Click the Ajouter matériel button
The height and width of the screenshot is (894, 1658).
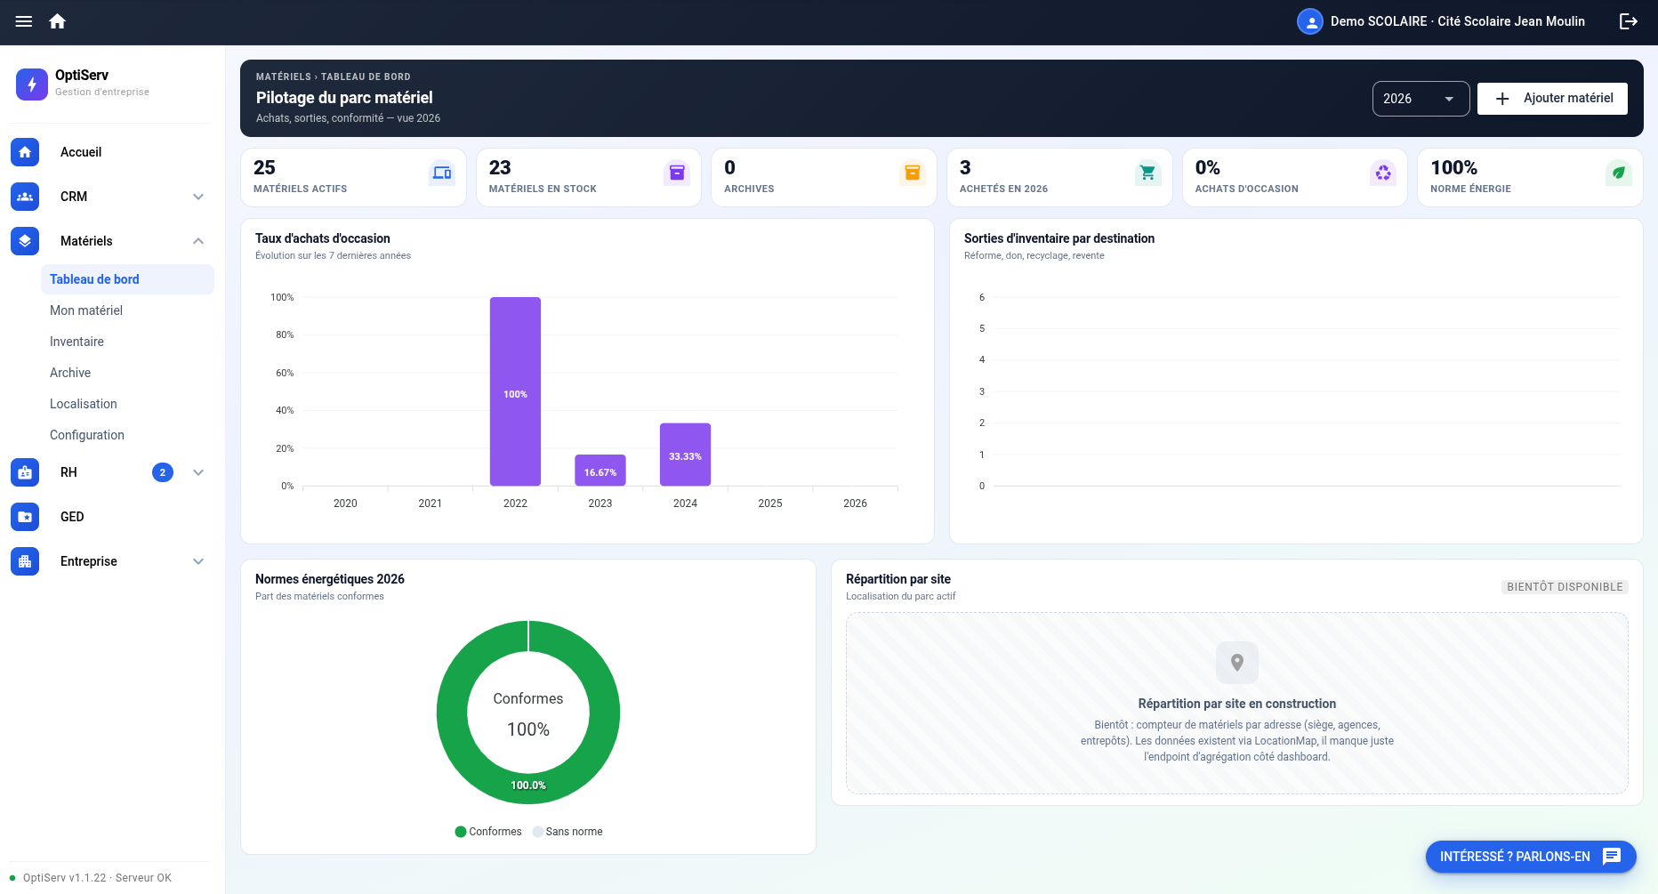pyautogui.click(x=1552, y=98)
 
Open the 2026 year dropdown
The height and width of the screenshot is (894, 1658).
pyautogui.click(x=1421, y=99)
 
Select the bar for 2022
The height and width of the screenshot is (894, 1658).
pyautogui.click(x=515, y=391)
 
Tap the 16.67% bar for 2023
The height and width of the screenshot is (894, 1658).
pyautogui.click(x=600, y=471)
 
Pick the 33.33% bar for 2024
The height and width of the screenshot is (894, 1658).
pyautogui.click(x=685, y=455)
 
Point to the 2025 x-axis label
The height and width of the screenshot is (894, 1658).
pyautogui.click(x=770, y=503)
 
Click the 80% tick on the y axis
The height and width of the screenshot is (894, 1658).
pyautogui.click(x=285, y=335)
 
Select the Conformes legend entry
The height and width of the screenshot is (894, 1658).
pyautogui.click(x=488, y=832)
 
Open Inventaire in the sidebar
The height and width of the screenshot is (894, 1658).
pyautogui.click(x=76, y=342)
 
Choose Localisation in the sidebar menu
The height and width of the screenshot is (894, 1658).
pyautogui.click(x=84, y=404)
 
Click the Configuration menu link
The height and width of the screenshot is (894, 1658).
pyautogui.click(x=87, y=435)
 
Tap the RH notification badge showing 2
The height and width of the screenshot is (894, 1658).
pyautogui.click(x=163, y=472)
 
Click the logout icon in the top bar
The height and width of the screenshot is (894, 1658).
pyautogui.click(x=1629, y=21)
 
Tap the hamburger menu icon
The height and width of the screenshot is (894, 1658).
pyautogui.click(x=24, y=21)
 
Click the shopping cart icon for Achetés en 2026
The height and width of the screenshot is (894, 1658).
pyautogui.click(x=1147, y=173)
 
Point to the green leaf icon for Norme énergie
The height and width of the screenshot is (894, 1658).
pyautogui.click(x=1619, y=173)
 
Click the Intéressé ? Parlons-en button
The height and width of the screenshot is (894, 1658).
pyautogui.click(x=1531, y=857)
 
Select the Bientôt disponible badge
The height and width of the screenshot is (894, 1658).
pyautogui.click(x=1565, y=587)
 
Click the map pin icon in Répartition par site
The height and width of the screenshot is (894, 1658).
pyautogui.click(x=1237, y=663)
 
